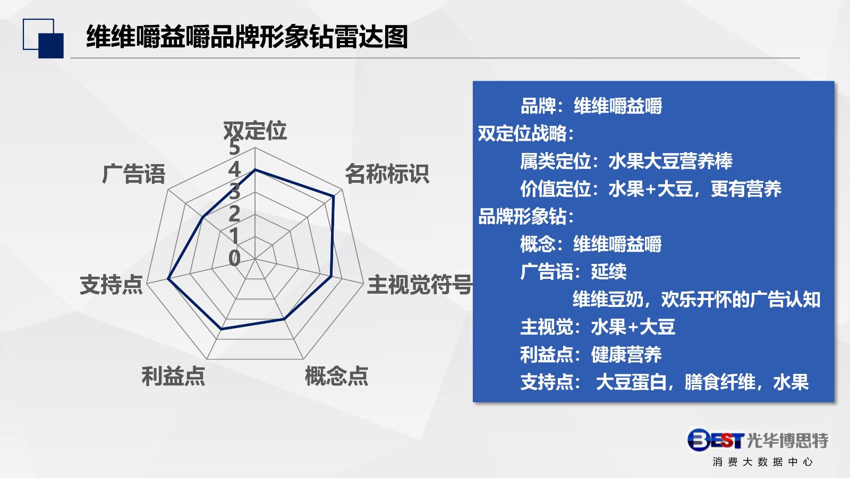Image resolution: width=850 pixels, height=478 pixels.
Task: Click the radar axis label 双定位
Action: (254, 131)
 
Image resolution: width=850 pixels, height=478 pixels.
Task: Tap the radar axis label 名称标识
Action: (387, 174)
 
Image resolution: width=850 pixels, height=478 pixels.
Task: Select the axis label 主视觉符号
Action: (420, 285)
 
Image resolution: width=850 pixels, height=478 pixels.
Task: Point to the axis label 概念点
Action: (337, 376)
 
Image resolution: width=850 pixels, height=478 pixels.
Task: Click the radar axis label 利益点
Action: (173, 376)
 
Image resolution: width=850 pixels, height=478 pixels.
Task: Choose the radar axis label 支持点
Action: (111, 285)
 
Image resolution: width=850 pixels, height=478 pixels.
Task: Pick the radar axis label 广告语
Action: (133, 174)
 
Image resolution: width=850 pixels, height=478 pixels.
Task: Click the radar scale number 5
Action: (234, 148)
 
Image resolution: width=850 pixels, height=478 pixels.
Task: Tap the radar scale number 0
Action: (234, 258)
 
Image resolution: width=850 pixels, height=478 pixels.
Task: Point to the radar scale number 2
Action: (234, 214)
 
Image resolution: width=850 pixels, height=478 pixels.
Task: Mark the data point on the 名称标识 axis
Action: (334, 196)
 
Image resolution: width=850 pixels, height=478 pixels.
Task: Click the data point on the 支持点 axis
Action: (168, 279)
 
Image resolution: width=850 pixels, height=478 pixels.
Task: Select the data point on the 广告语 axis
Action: (203, 217)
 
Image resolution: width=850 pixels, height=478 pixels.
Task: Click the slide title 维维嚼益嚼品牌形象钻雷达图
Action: (247, 37)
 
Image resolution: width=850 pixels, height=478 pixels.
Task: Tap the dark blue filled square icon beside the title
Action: (51, 46)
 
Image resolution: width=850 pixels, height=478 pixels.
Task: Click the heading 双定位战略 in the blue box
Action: (525, 133)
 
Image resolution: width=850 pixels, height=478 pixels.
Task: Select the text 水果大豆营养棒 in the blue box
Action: (670, 161)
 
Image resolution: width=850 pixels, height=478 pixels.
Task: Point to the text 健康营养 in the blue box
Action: (626, 354)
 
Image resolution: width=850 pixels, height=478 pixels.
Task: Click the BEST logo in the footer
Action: (715, 440)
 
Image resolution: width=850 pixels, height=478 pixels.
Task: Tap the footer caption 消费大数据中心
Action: (763, 462)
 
